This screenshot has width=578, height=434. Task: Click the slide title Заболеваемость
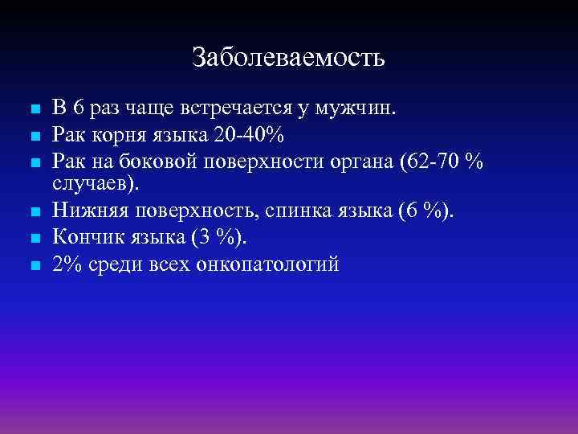point(288,58)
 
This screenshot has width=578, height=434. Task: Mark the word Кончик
point(84,237)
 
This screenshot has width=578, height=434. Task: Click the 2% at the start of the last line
point(65,264)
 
